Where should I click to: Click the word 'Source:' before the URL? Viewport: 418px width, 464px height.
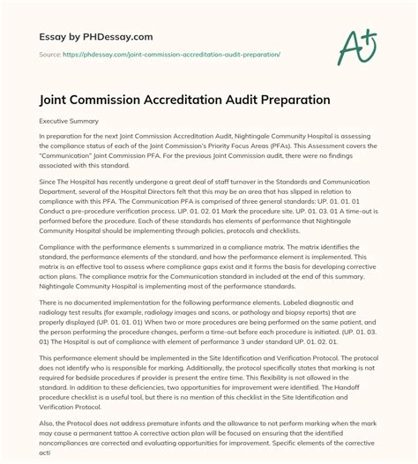pos(49,41)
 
